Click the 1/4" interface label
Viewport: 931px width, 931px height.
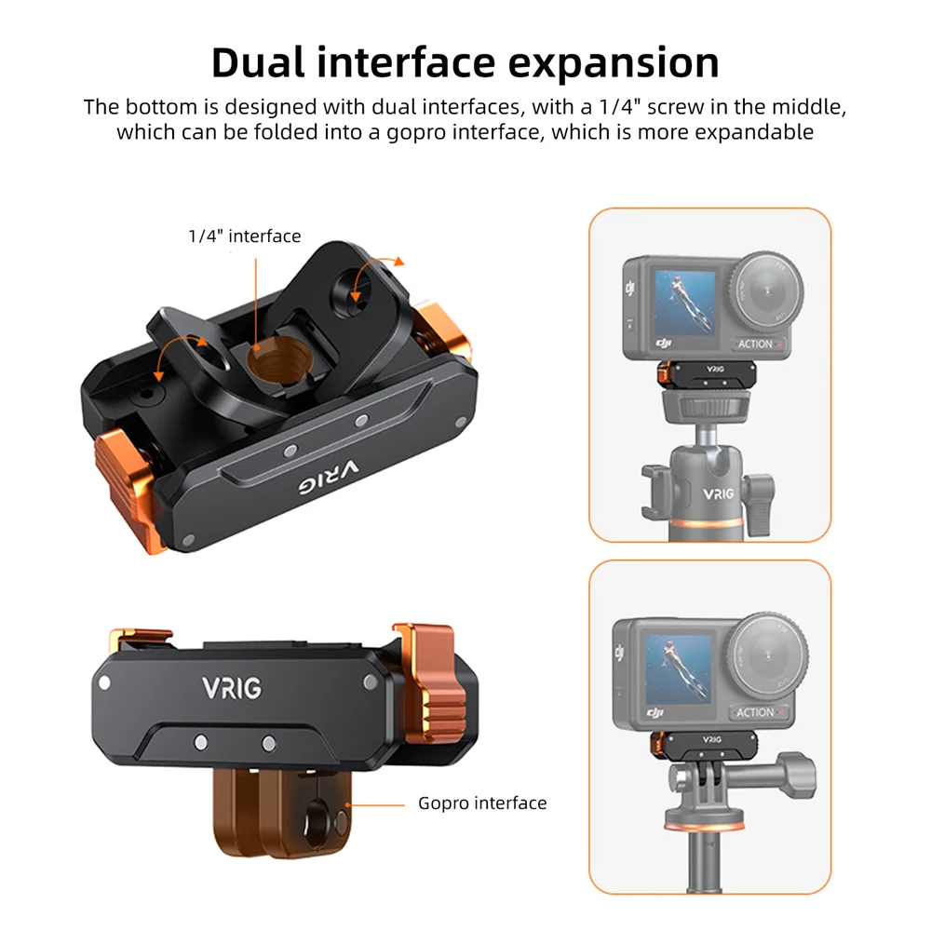click(x=244, y=236)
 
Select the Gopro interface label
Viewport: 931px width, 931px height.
click(x=482, y=803)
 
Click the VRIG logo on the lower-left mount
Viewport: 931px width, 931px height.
click(x=232, y=688)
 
